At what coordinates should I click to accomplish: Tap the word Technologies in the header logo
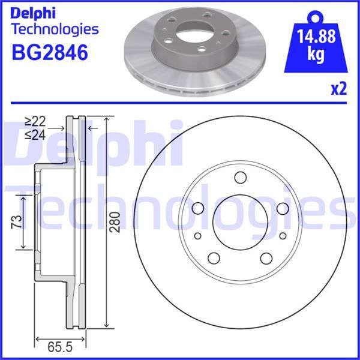point(55,29)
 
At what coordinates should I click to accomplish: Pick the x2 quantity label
point(338,89)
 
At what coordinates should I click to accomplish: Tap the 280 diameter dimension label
point(116,222)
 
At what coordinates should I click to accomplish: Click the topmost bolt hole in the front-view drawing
point(241,177)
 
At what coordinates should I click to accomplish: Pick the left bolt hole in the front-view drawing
point(197,208)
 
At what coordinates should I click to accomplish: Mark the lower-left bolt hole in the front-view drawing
point(214,259)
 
